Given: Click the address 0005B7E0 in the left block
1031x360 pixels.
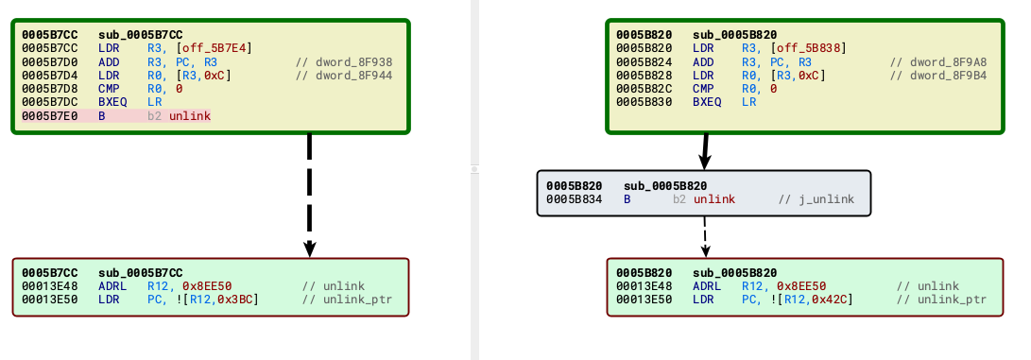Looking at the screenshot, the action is click(48, 115).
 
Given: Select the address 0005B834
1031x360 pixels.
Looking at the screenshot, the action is click(573, 199).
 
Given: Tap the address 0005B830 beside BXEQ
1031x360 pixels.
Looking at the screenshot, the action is click(643, 102).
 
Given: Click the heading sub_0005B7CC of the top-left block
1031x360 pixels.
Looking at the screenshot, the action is click(140, 35).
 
